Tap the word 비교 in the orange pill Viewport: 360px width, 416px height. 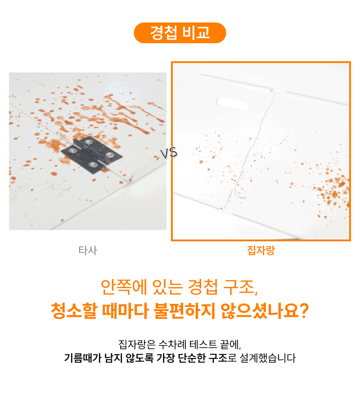197,33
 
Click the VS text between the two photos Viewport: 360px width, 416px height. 169,153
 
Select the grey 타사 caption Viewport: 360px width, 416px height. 88,250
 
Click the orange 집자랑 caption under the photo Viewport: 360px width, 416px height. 261,250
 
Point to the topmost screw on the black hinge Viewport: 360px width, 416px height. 88,142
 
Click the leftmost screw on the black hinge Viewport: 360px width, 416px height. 72,151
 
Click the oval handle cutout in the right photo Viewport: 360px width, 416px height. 233,104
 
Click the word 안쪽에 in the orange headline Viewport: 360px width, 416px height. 124,287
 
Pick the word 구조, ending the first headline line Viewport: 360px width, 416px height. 241,287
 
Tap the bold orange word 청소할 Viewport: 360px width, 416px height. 74,310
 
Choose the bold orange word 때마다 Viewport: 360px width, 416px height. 125,310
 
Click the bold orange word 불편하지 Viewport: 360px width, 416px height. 184,310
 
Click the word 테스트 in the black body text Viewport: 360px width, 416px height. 203,344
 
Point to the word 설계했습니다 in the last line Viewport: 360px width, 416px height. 267,358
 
